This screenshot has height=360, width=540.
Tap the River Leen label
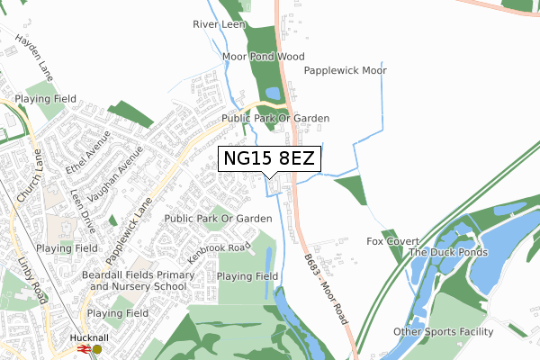[220, 25]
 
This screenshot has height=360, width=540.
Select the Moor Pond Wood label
[265, 57]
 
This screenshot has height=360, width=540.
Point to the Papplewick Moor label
[345, 70]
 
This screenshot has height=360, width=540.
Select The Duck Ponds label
[448, 253]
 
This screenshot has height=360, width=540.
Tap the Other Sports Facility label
[444, 332]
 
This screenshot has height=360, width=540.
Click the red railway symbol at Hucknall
[83, 349]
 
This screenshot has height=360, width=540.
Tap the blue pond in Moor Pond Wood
[271, 93]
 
